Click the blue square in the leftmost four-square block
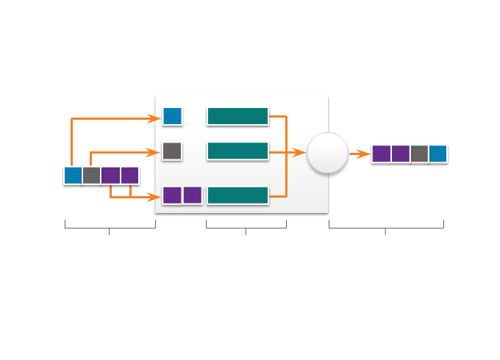[73, 176]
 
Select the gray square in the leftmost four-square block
[92, 176]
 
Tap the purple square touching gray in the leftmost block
[111, 176]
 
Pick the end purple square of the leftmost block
[130, 176]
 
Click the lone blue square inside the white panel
[172, 116]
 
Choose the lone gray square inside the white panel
[172, 151]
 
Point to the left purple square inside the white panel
[172, 195]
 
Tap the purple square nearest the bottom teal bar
[192, 195]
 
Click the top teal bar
[238, 116]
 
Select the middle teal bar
[238, 151]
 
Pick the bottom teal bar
[238, 195]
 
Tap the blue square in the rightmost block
[438, 154]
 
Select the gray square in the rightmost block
[419, 154]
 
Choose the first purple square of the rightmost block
[381, 154]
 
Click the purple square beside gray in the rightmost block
[400, 154]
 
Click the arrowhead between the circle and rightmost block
[365, 154]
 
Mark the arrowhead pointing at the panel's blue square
[156, 118]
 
